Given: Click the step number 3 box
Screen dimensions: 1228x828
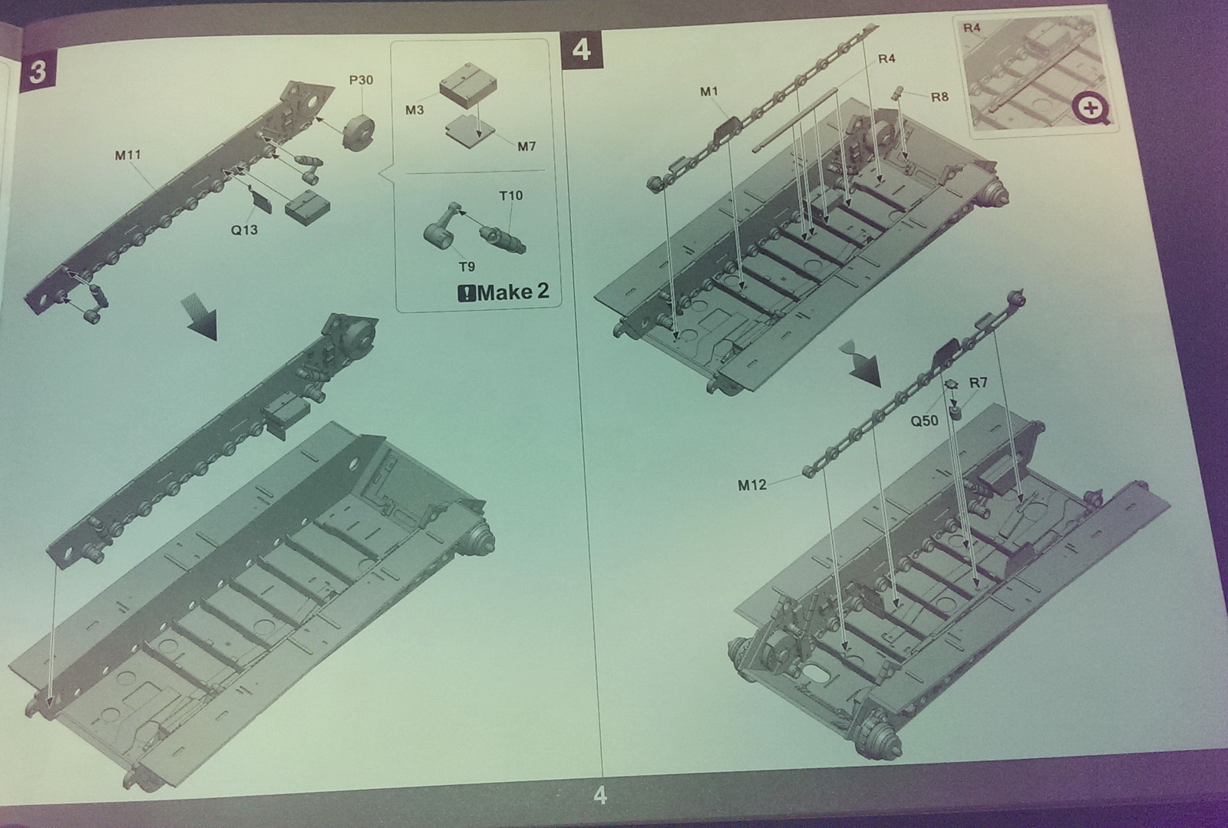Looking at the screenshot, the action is pyautogui.click(x=38, y=72).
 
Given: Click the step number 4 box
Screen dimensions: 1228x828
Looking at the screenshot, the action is pyautogui.click(x=582, y=49).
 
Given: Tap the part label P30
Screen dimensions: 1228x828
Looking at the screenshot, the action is pyautogui.click(x=361, y=80).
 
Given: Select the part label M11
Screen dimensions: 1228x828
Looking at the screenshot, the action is pyautogui.click(x=127, y=155).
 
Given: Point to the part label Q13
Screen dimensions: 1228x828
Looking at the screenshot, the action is pyautogui.click(x=244, y=229).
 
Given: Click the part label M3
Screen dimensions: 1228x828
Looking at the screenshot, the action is pyautogui.click(x=414, y=111).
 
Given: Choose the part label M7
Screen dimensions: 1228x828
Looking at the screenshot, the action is pyautogui.click(x=527, y=147).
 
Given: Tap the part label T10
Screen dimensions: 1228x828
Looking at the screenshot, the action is pyautogui.click(x=510, y=196).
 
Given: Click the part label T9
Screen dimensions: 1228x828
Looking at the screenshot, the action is pyautogui.click(x=467, y=267).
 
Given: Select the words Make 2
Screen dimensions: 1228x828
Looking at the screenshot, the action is pyautogui.click(x=513, y=292).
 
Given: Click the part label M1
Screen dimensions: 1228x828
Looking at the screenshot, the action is pyautogui.click(x=709, y=91).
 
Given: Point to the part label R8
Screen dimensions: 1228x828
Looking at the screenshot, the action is pyautogui.click(x=939, y=97).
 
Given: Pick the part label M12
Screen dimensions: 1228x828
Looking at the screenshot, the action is pyautogui.click(x=752, y=485).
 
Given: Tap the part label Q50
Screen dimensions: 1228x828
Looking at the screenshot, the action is pyautogui.click(x=924, y=421).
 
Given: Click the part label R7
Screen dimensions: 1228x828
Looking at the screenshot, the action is pyautogui.click(x=978, y=382).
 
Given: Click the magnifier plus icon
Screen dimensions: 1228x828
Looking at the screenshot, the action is pyautogui.click(x=1090, y=107).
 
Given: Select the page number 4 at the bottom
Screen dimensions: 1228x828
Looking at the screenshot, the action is pyautogui.click(x=600, y=795).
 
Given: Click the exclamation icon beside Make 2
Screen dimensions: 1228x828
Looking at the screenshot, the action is pyautogui.click(x=466, y=293).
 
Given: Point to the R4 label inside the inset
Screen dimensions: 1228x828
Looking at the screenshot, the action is pyautogui.click(x=972, y=28).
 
